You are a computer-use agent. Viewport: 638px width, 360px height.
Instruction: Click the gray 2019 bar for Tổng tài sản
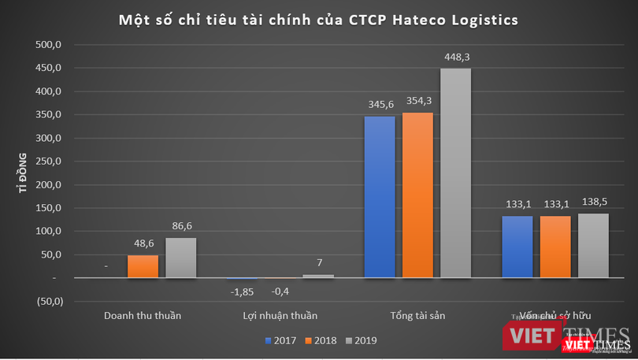click(455, 173)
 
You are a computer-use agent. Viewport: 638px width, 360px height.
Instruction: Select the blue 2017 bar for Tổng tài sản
click(380, 197)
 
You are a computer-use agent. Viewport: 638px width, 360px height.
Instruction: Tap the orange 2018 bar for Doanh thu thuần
click(143, 266)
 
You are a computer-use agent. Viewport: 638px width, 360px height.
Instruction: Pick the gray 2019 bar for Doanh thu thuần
click(180, 258)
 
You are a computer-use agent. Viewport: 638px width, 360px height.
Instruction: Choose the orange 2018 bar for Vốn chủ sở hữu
click(555, 247)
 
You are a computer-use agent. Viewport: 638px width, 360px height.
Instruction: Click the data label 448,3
click(455, 57)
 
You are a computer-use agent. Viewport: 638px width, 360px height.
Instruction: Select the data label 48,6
click(143, 243)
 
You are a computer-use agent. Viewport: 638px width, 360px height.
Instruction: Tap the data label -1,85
click(241, 292)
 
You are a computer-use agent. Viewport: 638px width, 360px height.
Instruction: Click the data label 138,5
click(593, 202)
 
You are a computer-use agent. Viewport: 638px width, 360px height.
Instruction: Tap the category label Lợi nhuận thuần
click(280, 316)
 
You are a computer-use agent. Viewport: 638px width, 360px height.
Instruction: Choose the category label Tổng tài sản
click(417, 316)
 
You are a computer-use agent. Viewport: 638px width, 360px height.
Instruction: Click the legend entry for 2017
click(284, 340)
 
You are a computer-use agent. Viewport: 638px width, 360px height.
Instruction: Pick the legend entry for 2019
click(362, 340)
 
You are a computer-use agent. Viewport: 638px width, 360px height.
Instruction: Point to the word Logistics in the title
click(480, 20)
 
